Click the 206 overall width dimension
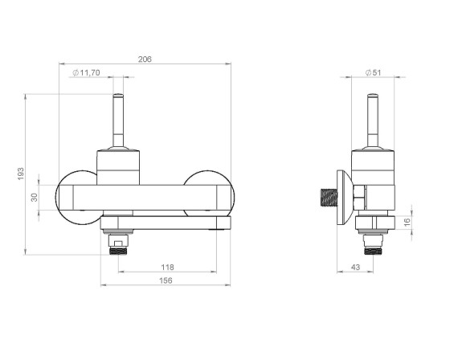click(x=145, y=59)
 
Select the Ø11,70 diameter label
click(x=87, y=72)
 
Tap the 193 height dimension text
click(x=21, y=174)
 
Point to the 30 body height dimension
click(x=35, y=197)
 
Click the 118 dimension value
click(x=167, y=268)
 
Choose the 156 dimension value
click(x=166, y=280)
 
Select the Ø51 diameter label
click(x=373, y=72)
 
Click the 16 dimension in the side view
click(x=407, y=222)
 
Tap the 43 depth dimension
click(x=355, y=268)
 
